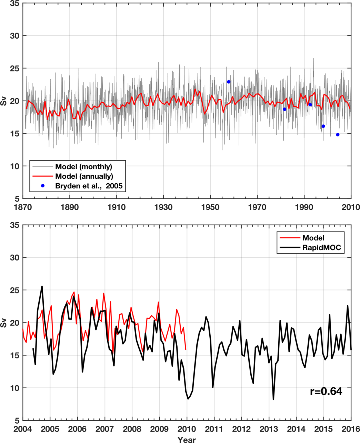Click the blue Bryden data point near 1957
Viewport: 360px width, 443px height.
pyautogui.click(x=229, y=82)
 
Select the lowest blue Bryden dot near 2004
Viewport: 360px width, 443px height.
pyautogui.click(x=338, y=135)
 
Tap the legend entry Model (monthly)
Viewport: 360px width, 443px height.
pyautogui.click(x=84, y=167)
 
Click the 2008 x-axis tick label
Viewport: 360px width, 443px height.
pyautogui.click(x=132, y=430)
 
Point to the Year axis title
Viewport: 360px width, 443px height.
pyautogui.click(x=187, y=439)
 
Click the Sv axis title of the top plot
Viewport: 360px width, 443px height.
pyautogui.click(x=4, y=101)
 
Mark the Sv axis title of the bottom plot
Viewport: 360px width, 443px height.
pyautogui.click(x=4, y=323)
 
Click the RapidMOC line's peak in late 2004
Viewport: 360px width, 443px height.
pyautogui.click(x=42, y=286)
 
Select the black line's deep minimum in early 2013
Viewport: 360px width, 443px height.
pyautogui.click(x=273, y=399)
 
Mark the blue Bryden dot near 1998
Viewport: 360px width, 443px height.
pyautogui.click(x=323, y=126)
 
